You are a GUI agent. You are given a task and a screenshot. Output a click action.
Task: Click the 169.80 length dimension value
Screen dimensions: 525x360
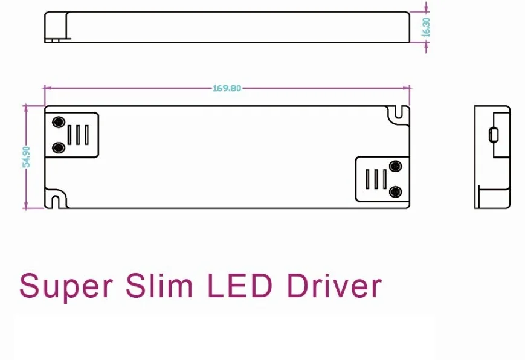pos(227,88)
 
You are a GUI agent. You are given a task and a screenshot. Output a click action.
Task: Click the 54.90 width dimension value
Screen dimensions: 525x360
pos(26,157)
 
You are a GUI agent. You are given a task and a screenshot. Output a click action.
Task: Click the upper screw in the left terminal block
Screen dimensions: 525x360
pos(59,122)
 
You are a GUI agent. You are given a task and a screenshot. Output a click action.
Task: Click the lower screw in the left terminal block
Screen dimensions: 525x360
pos(59,147)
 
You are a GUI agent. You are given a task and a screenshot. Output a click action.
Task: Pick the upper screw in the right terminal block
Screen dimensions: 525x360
pos(396,166)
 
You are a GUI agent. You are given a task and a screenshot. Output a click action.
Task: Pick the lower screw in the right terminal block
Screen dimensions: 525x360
pos(396,192)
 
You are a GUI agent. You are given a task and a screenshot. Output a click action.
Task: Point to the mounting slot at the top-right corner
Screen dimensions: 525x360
pos(398,113)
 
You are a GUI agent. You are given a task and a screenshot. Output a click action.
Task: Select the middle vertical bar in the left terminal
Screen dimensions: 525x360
pos(78,135)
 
